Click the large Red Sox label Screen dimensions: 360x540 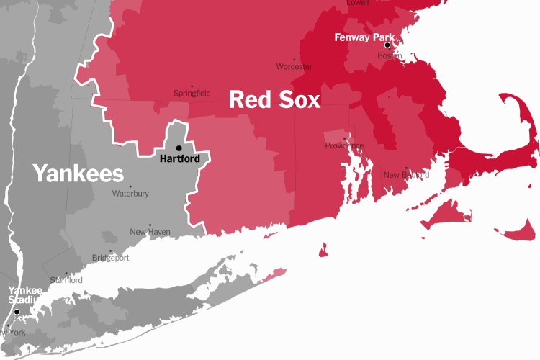pyautogui.click(x=274, y=100)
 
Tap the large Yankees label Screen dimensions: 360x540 pyautogui.click(x=78, y=174)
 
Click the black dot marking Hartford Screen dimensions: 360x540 pyautogui.click(x=179, y=148)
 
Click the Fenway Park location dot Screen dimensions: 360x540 pyautogui.click(x=387, y=45)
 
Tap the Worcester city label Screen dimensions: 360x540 pyautogui.click(x=294, y=67)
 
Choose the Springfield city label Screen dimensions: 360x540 pyautogui.click(x=192, y=94)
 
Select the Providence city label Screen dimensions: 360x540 pyautogui.click(x=345, y=146)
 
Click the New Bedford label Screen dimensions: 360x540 pyautogui.click(x=406, y=175)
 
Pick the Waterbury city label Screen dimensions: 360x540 pyautogui.click(x=130, y=194)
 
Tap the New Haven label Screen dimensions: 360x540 pyautogui.click(x=150, y=232)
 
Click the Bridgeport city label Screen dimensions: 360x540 pyautogui.click(x=111, y=258)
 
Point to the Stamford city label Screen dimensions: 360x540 pyautogui.click(x=66, y=280)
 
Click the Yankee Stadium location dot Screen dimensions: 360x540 pyautogui.click(x=17, y=312)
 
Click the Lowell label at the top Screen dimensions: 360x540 pyautogui.click(x=358, y=3)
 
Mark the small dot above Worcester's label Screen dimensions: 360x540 pyautogui.click(x=294, y=60)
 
